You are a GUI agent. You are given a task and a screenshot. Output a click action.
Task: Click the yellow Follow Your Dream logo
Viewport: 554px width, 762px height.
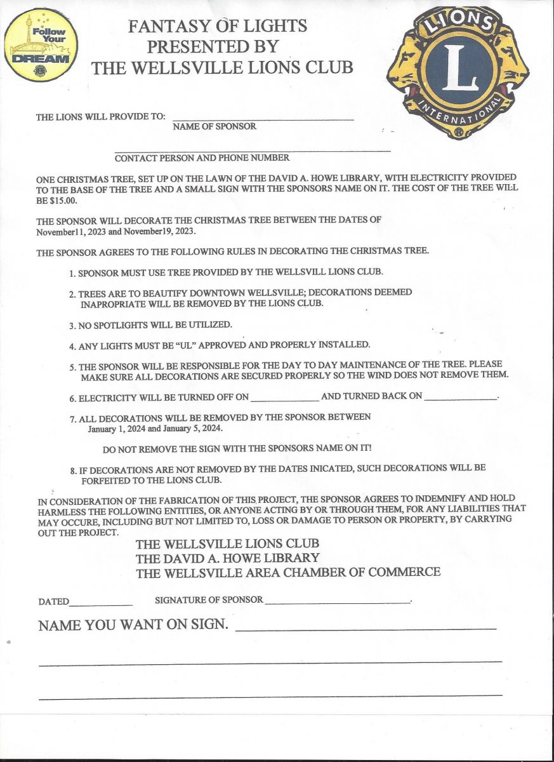coord(41,45)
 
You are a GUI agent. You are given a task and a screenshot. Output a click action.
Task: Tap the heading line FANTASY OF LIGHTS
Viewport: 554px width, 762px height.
coord(218,26)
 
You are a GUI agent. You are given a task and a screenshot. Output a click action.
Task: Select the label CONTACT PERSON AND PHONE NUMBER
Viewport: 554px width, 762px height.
coord(202,158)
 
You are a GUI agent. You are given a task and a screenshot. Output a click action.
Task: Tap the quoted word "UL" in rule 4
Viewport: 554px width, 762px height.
coord(194,345)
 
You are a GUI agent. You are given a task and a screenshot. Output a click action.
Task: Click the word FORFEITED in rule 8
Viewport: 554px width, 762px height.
coord(109,479)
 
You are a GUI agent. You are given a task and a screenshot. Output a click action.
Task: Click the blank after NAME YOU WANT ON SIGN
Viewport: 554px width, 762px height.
coord(366,628)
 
